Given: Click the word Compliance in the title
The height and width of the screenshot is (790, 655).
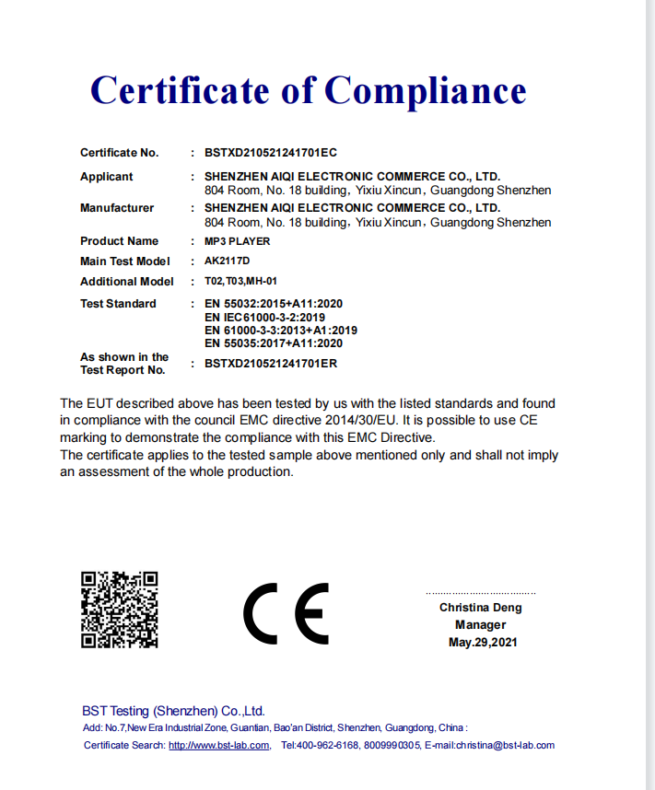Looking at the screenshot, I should (x=425, y=90).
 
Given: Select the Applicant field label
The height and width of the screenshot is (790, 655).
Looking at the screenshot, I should (x=106, y=177).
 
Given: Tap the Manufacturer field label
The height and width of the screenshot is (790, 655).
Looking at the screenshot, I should (x=117, y=208).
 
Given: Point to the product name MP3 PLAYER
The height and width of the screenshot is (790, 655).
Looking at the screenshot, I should (x=238, y=241).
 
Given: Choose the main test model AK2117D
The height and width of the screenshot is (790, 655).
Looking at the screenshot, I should (x=227, y=261).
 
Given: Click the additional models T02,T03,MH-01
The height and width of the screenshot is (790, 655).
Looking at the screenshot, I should (x=240, y=282).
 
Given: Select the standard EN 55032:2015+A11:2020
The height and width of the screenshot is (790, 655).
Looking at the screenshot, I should (x=274, y=304).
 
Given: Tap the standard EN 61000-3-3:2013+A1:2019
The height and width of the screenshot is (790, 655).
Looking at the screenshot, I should (x=281, y=330).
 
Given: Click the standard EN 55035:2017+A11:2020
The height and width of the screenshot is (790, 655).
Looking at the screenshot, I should (x=274, y=343).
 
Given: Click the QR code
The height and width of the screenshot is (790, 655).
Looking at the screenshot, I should (x=120, y=610).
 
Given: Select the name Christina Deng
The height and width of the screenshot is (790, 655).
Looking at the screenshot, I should (x=480, y=608).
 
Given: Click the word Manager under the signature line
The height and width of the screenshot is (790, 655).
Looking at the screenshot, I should (x=480, y=625).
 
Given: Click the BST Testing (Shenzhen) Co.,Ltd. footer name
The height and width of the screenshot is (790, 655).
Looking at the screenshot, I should (x=173, y=711).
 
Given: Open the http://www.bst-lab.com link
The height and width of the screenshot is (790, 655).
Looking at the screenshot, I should (x=219, y=746).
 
